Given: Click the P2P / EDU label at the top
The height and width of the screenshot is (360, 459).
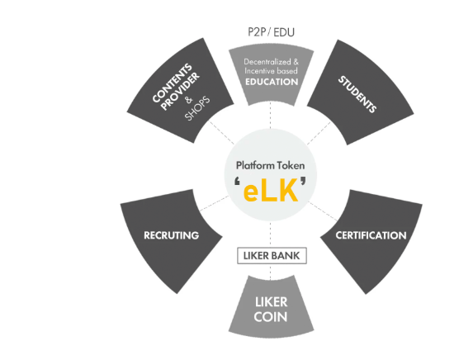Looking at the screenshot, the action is click(x=271, y=32).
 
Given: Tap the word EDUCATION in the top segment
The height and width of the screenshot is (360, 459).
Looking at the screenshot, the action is click(x=272, y=82).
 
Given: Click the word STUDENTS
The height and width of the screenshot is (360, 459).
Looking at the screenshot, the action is click(x=357, y=94).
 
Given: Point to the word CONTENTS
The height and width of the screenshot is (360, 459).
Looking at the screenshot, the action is click(x=172, y=83).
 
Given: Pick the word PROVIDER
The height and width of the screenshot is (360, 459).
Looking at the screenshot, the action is click(x=180, y=92).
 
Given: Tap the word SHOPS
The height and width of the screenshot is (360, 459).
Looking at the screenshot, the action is click(x=197, y=108).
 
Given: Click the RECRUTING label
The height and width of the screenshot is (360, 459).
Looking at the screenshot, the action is click(x=171, y=235).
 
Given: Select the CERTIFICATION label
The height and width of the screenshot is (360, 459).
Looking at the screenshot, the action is click(x=371, y=235).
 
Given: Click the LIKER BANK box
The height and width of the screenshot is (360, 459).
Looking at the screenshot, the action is click(x=272, y=255).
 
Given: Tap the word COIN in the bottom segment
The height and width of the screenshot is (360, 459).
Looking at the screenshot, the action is click(x=271, y=317).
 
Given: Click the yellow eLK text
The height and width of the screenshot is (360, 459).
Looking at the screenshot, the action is click(x=271, y=191).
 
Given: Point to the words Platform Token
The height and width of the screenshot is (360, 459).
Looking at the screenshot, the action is click(x=270, y=165).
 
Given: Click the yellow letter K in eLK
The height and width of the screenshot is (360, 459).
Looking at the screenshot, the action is click(x=288, y=191).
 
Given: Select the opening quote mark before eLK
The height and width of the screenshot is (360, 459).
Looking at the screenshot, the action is click(x=238, y=182).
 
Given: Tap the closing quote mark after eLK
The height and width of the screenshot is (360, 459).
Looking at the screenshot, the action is click(x=303, y=181).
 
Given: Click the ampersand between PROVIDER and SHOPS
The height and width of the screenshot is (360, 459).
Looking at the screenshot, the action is click(x=189, y=100).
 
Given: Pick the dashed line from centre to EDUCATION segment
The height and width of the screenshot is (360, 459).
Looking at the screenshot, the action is click(x=270, y=115).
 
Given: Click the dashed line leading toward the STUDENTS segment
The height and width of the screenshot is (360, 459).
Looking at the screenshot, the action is click(x=319, y=133).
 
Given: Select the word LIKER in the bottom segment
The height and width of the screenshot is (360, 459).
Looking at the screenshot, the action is click(x=271, y=302).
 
